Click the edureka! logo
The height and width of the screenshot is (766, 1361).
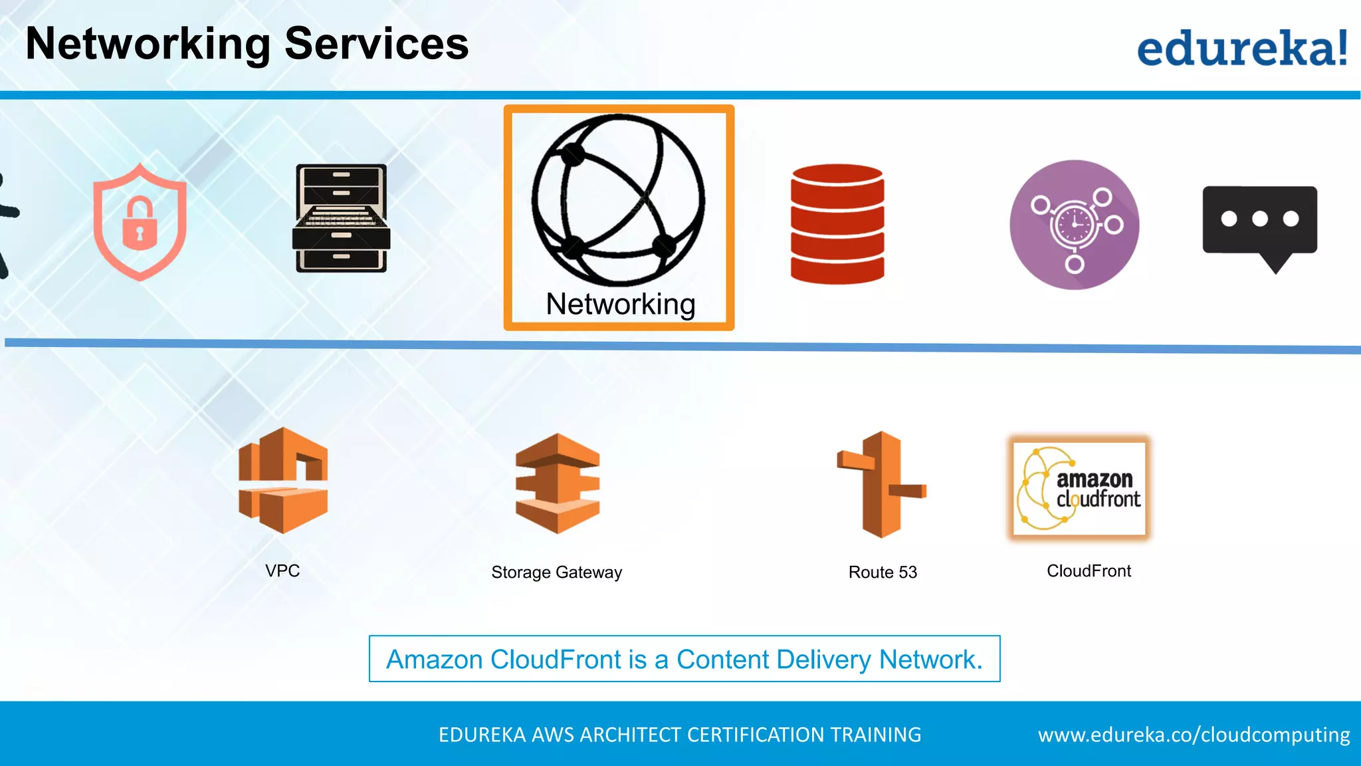pyautogui.click(x=1241, y=48)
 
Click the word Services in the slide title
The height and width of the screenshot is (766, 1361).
pyautogui.click(x=376, y=44)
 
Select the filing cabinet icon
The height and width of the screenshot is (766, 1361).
pyautogui.click(x=341, y=218)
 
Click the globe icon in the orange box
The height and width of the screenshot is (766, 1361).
pyautogui.click(x=618, y=199)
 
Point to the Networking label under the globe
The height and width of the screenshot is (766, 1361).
pyautogui.click(x=620, y=305)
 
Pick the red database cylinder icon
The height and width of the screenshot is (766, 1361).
pyautogui.click(x=837, y=224)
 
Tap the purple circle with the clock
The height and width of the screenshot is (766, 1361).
pyautogui.click(x=1074, y=225)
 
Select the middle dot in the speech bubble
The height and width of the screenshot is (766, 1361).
pyautogui.click(x=1259, y=219)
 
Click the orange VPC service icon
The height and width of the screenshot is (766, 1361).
pyautogui.click(x=283, y=480)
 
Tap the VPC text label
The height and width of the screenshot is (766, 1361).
pyautogui.click(x=282, y=571)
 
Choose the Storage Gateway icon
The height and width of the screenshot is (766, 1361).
pyautogui.click(x=558, y=483)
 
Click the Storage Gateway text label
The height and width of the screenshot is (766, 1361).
pyautogui.click(x=556, y=573)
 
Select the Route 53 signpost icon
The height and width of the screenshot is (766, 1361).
pyautogui.click(x=881, y=484)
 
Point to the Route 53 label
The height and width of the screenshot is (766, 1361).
pyautogui.click(x=883, y=573)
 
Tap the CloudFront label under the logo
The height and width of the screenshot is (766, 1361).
pyautogui.click(x=1089, y=571)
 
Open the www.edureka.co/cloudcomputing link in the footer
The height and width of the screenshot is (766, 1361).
pyautogui.click(x=1194, y=735)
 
